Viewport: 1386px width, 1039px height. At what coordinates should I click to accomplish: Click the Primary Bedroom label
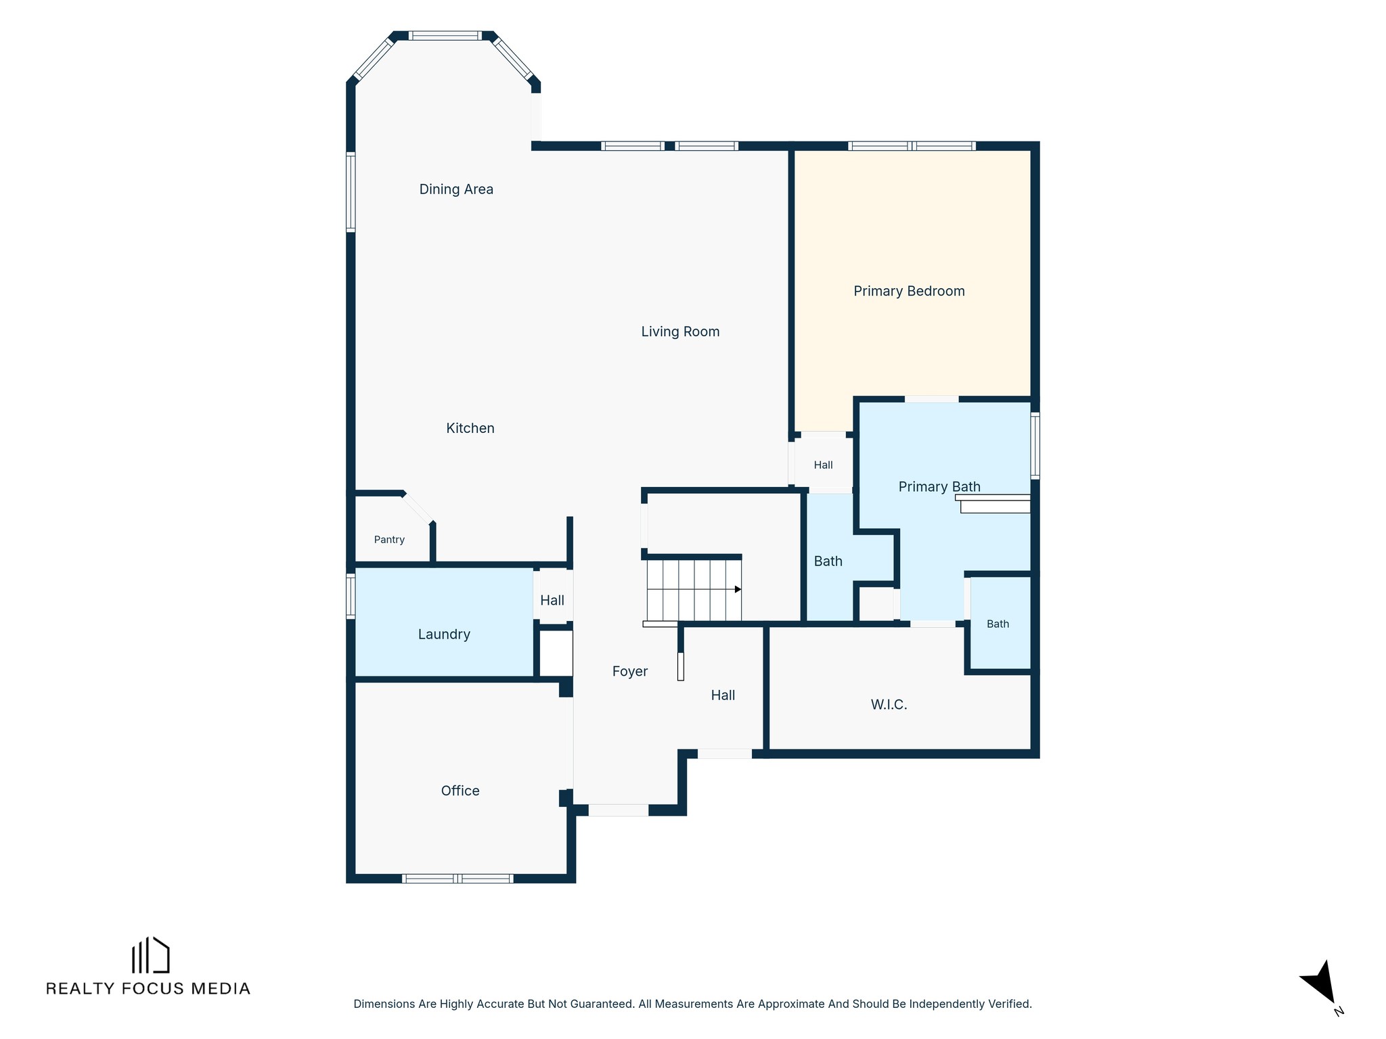pyautogui.click(x=909, y=292)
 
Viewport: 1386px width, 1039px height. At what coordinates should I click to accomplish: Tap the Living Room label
pyautogui.click(x=680, y=331)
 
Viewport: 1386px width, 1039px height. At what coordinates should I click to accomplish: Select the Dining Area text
pyautogui.click(x=456, y=189)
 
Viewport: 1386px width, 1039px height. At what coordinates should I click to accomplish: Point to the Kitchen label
pyautogui.click(x=470, y=428)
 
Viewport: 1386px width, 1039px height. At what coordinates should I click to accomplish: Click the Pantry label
pyautogui.click(x=389, y=540)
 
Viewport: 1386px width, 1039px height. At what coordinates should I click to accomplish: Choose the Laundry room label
pyautogui.click(x=444, y=634)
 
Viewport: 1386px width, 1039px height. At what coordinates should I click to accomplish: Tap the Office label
pyautogui.click(x=460, y=791)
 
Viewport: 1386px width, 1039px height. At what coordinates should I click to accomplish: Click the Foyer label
pyautogui.click(x=630, y=672)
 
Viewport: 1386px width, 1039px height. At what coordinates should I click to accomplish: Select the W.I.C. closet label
pyautogui.click(x=889, y=705)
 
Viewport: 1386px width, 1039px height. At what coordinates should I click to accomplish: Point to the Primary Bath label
pyautogui.click(x=939, y=487)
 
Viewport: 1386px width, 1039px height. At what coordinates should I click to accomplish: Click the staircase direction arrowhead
pyautogui.click(x=738, y=589)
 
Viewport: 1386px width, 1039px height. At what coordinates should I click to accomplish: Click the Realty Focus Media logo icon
pyautogui.click(x=150, y=955)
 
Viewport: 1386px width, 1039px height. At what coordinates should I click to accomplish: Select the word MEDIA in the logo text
pyautogui.click(x=221, y=989)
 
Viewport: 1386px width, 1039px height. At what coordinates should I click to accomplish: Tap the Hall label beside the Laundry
pyautogui.click(x=552, y=601)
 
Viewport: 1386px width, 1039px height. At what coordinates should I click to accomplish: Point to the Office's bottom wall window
pyautogui.click(x=457, y=879)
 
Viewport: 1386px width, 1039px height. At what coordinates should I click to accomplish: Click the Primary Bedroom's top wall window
pyautogui.click(x=912, y=146)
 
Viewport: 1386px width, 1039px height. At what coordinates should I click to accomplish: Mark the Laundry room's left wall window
pyautogui.click(x=351, y=596)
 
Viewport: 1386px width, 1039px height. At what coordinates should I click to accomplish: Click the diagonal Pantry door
pyautogui.click(x=418, y=507)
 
